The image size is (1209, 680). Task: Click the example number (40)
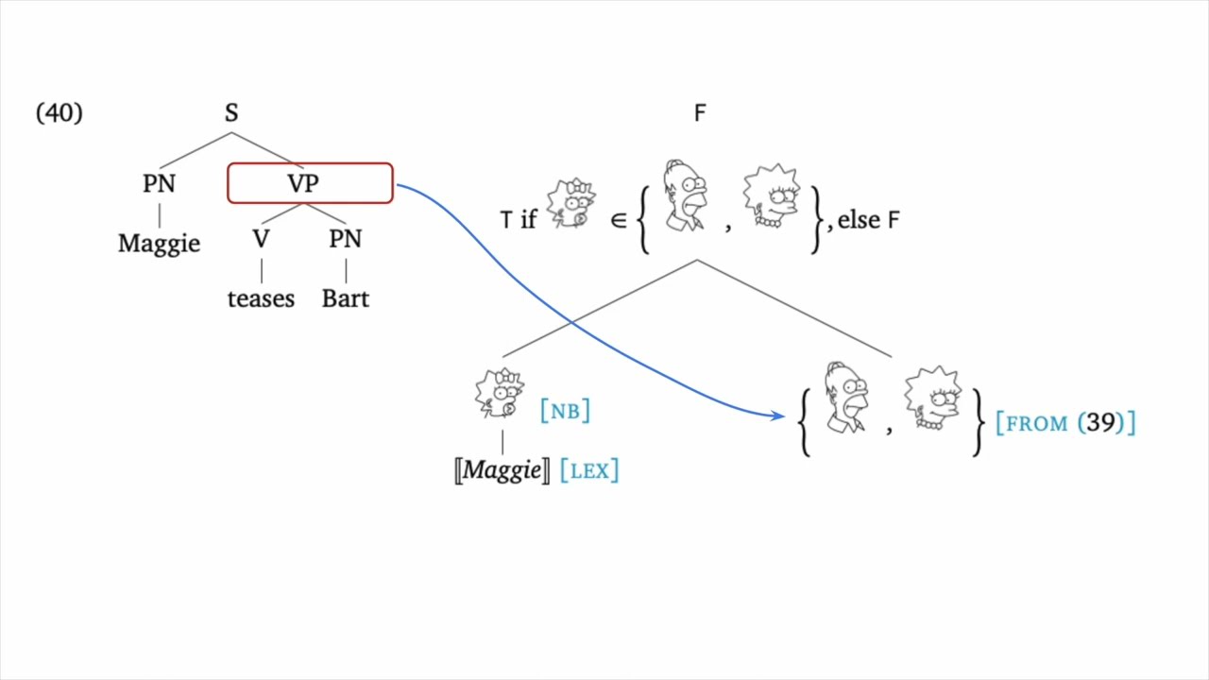tap(59, 113)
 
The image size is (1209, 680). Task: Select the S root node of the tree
tap(231, 113)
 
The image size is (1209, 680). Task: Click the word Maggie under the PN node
tap(159, 243)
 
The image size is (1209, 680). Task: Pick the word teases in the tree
tap(261, 298)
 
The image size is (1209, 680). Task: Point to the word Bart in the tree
tap(345, 298)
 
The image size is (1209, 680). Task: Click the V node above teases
tap(261, 239)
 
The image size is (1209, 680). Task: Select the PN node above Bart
tap(345, 239)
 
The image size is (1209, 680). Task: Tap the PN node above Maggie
tap(159, 183)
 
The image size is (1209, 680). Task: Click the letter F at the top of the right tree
tap(699, 114)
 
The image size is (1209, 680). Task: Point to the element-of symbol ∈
tap(619, 220)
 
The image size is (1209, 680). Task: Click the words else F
tap(868, 220)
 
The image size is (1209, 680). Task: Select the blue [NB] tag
tap(565, 411)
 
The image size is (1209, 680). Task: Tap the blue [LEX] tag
tap(589, 470)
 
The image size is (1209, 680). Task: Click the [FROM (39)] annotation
tap(1065, 423)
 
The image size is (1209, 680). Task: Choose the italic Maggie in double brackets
tap(502, 470)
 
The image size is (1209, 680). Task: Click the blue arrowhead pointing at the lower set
tap(777, 415)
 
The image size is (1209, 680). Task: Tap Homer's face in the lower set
tap(845, 398)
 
